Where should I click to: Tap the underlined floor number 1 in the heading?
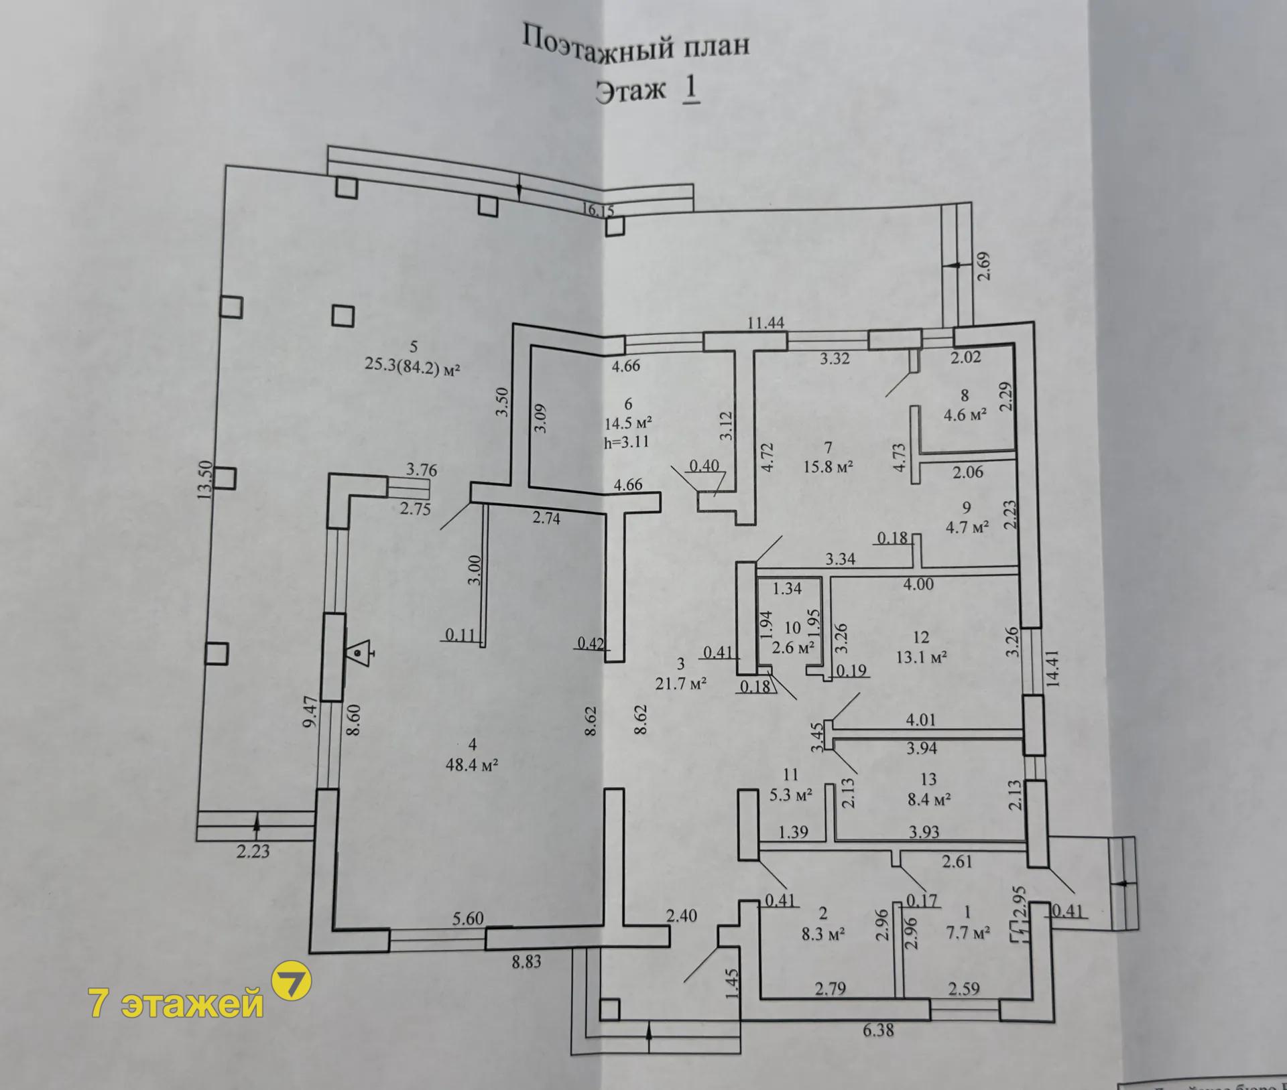point(690,90)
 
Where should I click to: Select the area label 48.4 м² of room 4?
point(472,764)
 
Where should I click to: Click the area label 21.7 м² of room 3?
point(681,683)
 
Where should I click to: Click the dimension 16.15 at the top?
point(598,210)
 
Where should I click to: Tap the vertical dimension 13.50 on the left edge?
point(205,478)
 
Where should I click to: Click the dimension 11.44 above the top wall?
point(766,323)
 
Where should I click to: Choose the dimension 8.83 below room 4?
point(526,962)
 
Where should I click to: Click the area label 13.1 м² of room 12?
point(921,657)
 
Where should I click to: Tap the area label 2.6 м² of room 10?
point(793,648)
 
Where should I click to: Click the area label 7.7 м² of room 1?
point(968,932)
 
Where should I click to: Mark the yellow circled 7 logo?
point(290,981)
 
